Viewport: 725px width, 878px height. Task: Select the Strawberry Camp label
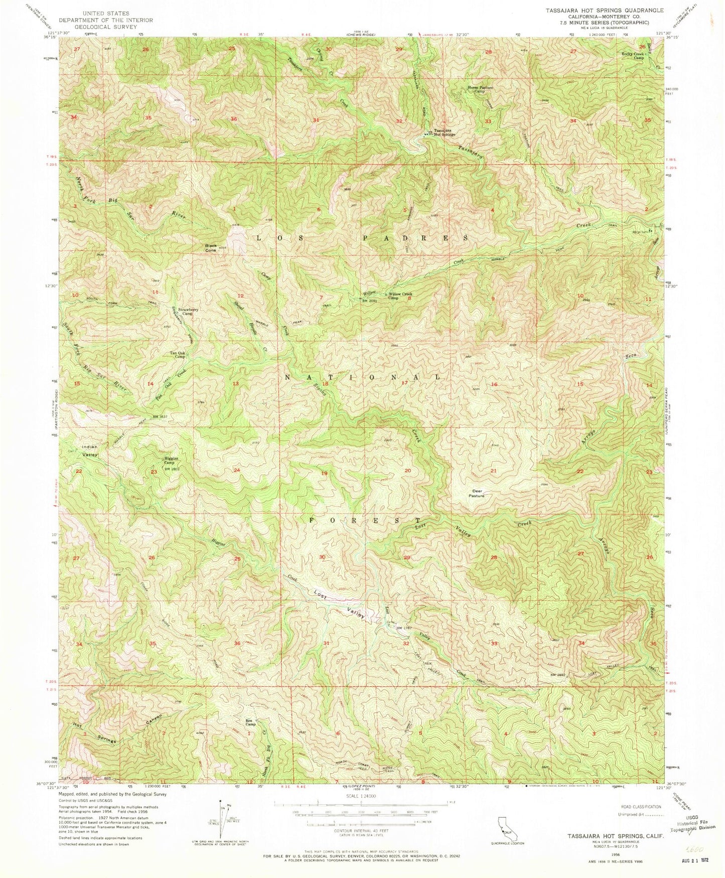(x=191, y=312)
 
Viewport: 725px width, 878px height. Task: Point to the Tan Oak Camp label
(x=181, y=354)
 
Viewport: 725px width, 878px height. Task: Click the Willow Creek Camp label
(x=399, y=296)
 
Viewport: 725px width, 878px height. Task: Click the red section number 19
(x=325, y=473)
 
